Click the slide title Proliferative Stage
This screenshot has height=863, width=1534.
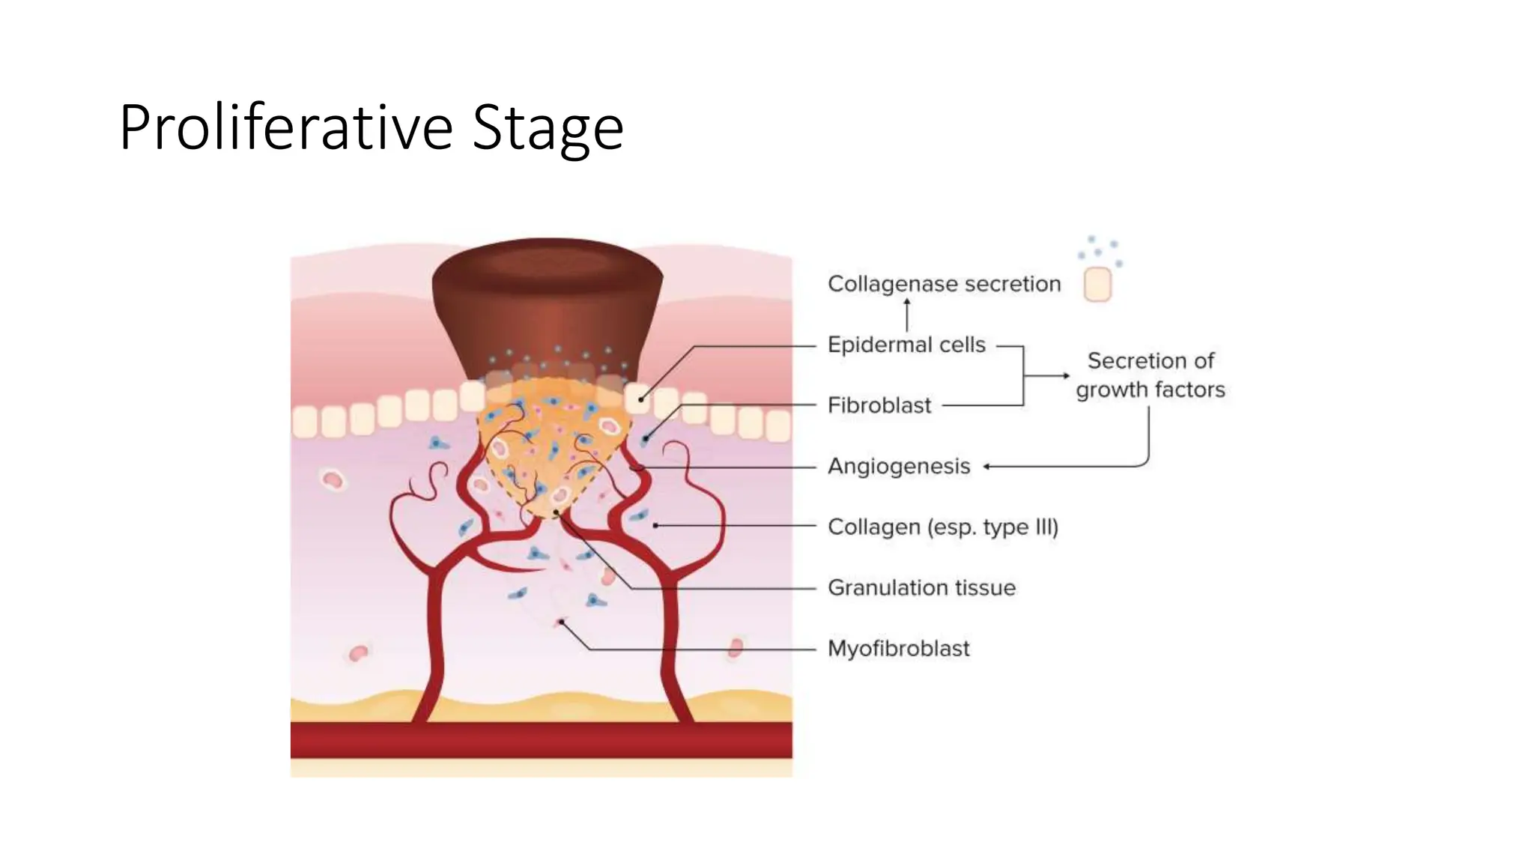pyautogui.click(x=371, y=127)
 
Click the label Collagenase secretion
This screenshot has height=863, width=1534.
pyautogui.click(x=944, y=285)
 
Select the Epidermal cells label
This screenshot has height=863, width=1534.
pyautogui.click(x=906, y=345)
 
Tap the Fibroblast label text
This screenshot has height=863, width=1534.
pyautogui.click(x=879, y=406)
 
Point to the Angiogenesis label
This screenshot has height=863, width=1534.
pyautogui.click(x=899, y=467)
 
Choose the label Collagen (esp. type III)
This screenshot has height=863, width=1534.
pyautogui.click(x=943, y=527)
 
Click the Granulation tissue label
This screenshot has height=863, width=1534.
pyautogui.click(x=921, y=588)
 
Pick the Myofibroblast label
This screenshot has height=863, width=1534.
pyautogui.click(x=898, y=649)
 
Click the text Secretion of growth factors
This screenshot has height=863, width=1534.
pyautogui.click(x=1150, y=375)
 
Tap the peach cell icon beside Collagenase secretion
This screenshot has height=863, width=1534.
pyautogui.click(x=1097, y=285)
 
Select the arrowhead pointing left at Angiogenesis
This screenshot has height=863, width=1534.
pyautogui.click(x=988, y=467)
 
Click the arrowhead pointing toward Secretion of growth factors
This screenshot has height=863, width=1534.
pyautogui.click(x=1065, y=375)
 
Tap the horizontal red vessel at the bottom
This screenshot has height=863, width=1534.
pyautogui.click(x=541, y=739)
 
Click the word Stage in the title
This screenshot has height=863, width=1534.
pyautogui.click(x=548, y=127)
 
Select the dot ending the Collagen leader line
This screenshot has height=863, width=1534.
pyautogui.click(x=655, y=526)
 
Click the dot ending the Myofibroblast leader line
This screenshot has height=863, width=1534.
pyautogui.click(x=562, y=623)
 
